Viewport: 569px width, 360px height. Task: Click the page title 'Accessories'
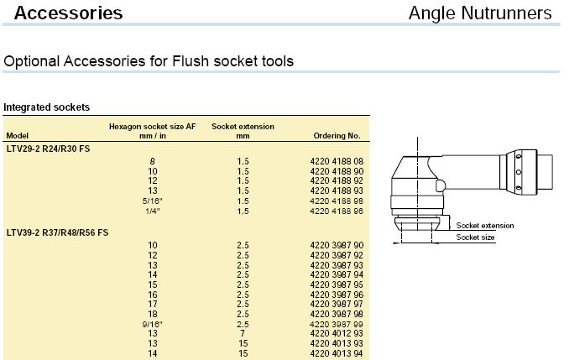pyautogui.click(x=68, y=13)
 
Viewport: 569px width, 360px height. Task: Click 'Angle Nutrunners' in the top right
pyautogui.click(x=480, y=13)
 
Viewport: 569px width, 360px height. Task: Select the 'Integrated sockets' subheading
pyautogui.click(x=46, y=107)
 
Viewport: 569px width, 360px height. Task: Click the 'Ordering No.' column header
pyautogui.click(x=337, y=136)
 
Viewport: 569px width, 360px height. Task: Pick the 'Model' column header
pyautogui.click(x=17, y=136)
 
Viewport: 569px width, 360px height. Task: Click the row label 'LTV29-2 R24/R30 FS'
pyautogui.click(x=49, y=149)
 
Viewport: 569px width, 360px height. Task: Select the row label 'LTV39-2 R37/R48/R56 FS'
pyautogui.click(x=57, y=232)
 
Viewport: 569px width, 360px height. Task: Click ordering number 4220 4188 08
pyautogui.click(x=337, y=161)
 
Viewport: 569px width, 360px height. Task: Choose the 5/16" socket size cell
pyautogui.click(x=153, y=201)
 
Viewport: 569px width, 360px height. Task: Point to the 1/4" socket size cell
pyautogui.click(x=153, y=211)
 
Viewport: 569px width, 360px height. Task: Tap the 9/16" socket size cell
pyautogui.click(x=153, y=324)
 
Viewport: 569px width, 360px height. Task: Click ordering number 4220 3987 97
pyautogui.click(x=337, y=304)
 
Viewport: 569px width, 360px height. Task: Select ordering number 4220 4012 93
pyautogui.click(x=337, y=333)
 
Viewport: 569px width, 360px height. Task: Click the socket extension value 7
pyautogui.click(x=243, y=333)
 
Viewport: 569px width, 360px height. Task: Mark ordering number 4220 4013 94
pyautogui.click(x=337, y=353)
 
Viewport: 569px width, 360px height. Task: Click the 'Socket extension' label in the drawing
pyautogui.click(x=485, y=226)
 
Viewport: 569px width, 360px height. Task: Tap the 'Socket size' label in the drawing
pyautogui.click(x=475, y=237)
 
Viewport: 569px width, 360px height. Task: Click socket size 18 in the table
pyautogui.click(x=153, y=314)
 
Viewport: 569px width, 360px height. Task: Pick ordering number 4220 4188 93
pyautogui.click(x=337, y=190)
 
